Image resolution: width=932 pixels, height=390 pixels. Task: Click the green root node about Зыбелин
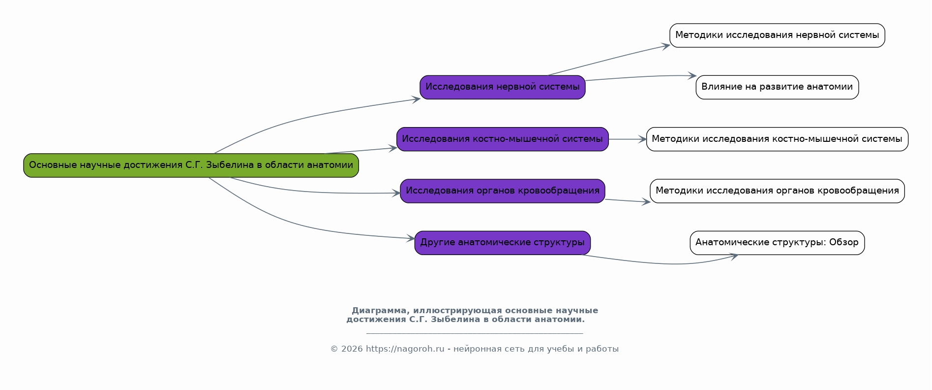click(x=191, y=165)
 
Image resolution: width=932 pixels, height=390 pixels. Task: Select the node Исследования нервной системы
click(x=502, y=87)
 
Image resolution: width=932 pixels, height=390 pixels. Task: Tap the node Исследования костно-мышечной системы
click(x=502, y=139)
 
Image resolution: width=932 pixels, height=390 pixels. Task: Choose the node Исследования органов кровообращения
click(x=502, y=191)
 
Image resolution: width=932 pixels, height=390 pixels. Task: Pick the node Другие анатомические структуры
click(x=502, y=243)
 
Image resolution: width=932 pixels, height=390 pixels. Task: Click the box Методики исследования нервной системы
click(x=777, y=35)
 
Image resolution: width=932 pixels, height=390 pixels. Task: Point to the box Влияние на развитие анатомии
click(x=777, y=87)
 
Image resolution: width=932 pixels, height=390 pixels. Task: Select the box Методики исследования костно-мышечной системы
click(x=777, y=139)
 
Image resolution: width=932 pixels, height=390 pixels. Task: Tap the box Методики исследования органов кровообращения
click(x=777, y=191)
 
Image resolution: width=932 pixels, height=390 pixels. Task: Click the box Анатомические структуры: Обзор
click(x=777, y=243)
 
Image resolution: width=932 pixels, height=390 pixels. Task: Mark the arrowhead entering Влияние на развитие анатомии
click(x=693, y=76)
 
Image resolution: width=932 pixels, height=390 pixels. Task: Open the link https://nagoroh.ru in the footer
click(x=405, y=349)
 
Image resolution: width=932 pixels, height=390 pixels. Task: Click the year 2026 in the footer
click(x=352, y=349)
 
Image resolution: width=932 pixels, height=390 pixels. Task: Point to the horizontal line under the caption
click(x=475, y=334)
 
